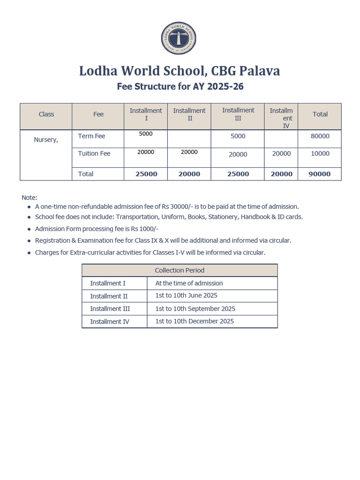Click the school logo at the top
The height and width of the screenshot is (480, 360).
tap(179, 38)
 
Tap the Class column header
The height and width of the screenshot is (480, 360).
tap(46, 114)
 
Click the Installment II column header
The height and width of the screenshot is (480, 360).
tap(189, 114)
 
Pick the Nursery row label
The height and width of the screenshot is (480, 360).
tap(46, 140)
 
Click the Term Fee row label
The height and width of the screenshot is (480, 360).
tap(91, 136)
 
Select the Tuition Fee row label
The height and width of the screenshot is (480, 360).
tap(94, 154)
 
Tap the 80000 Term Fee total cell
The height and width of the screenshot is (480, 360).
tap(320, 136)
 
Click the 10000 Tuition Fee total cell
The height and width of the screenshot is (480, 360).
tap(320, 154)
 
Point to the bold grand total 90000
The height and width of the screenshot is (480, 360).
tap(320, 174)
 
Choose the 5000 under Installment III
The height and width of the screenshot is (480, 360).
tap(238, 136)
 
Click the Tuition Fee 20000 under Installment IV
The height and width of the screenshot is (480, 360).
tap(281, 154)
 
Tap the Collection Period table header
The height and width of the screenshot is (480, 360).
tap(180, 270)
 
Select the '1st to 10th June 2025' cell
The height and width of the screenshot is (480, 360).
tap(186, 296)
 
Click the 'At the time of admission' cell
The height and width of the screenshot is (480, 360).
tap(189, 283)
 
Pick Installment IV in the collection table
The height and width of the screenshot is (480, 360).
tap(110, 322)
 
